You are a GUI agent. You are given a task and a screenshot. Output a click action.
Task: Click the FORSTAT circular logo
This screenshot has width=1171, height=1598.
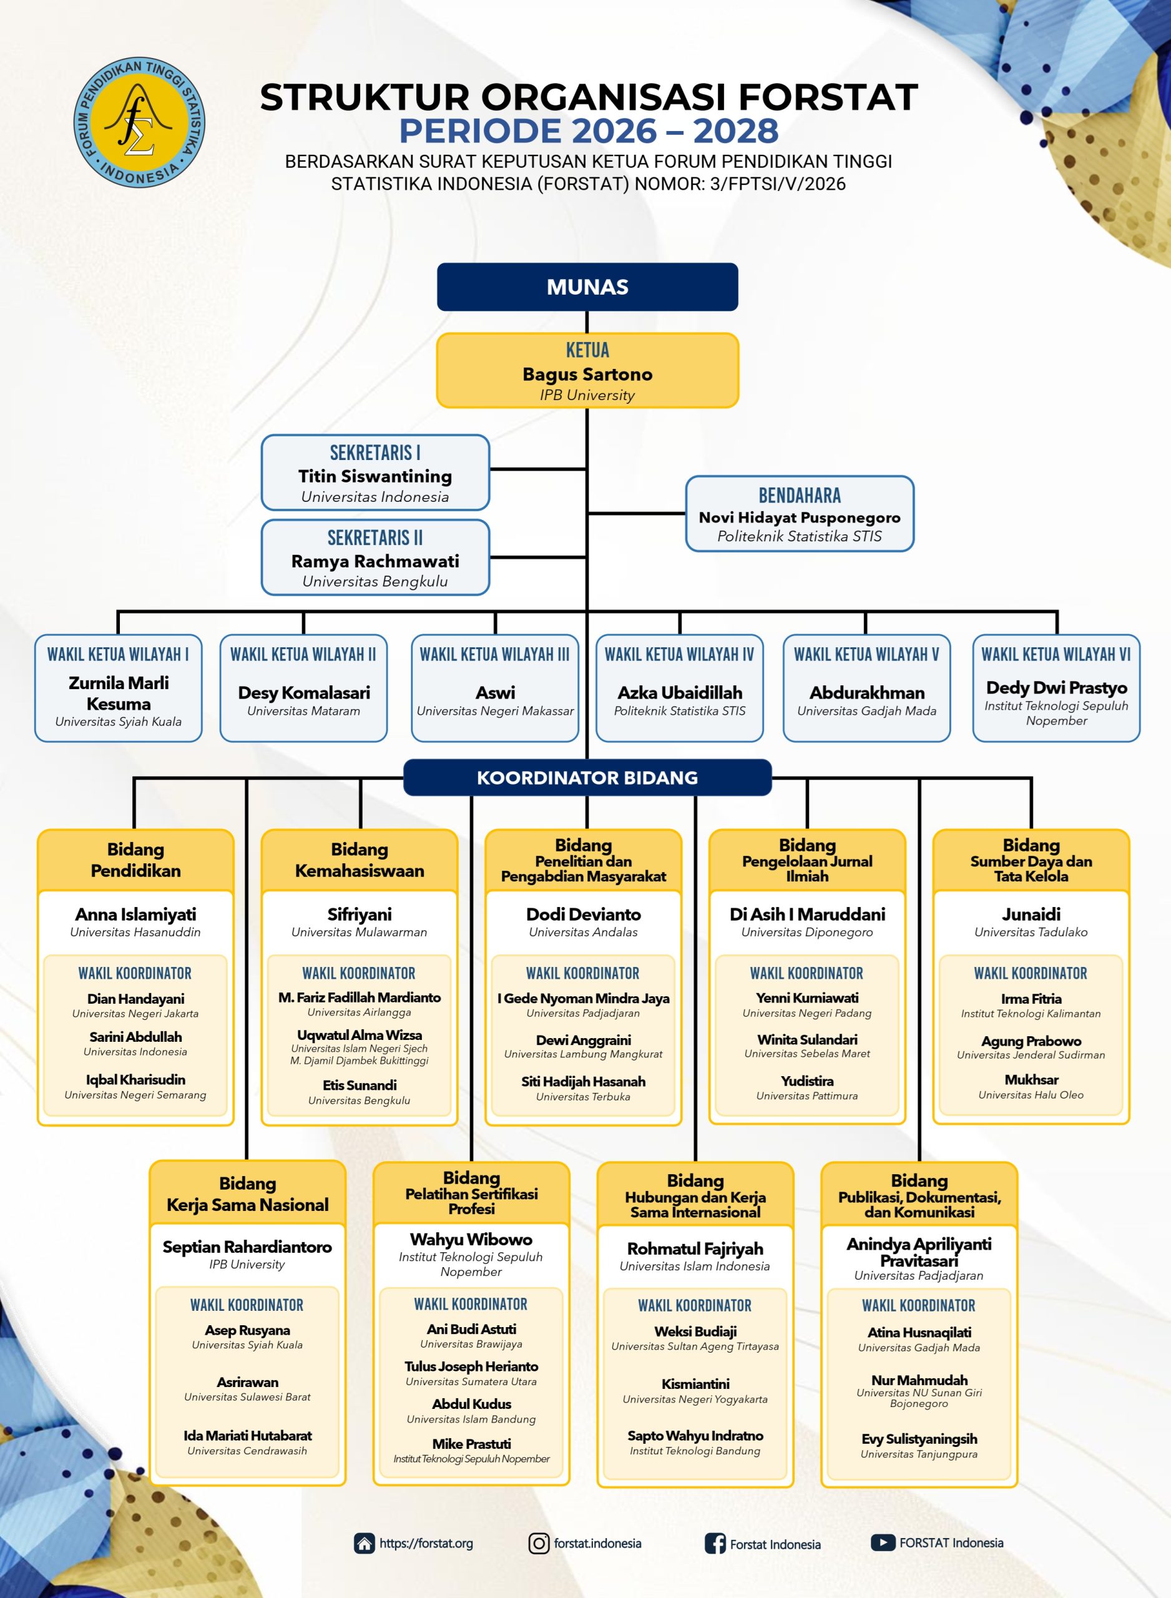point(139,122)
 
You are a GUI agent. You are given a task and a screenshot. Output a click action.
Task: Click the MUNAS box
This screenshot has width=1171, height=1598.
point(587,287)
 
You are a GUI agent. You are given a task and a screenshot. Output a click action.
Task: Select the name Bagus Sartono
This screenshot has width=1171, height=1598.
point(587,374)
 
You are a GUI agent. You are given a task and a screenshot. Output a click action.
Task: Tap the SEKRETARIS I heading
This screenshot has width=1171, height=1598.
point(375,452)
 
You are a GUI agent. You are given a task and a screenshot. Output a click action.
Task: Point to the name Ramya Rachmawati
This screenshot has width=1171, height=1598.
point(375,561)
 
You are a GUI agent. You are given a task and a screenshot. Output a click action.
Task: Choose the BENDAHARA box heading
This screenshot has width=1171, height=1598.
point(800,496)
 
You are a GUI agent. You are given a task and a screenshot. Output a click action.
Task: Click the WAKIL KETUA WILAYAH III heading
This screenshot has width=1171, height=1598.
point(495,654)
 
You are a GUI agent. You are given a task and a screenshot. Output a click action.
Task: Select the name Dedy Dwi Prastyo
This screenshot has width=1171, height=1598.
point(1056,687)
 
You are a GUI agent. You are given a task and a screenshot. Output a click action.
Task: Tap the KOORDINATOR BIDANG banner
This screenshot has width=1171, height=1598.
point(587,777)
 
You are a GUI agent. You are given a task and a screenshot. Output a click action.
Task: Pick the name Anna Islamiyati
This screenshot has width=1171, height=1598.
point(135,914)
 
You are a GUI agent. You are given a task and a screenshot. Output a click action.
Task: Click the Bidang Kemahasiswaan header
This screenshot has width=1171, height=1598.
point(360,860)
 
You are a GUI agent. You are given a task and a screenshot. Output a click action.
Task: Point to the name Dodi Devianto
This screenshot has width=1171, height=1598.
point(584,914)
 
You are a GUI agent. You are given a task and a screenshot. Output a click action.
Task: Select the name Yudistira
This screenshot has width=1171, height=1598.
point(807,1081)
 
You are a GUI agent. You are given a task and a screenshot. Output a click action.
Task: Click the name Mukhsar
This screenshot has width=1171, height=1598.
point(1031,1079)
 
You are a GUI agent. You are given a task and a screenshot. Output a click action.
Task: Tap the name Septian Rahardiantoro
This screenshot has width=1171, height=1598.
point(247,1247)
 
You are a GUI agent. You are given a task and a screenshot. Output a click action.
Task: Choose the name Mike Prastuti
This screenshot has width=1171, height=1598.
point(471,1444)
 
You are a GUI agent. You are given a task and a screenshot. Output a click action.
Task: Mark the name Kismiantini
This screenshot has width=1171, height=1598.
point(695,1384)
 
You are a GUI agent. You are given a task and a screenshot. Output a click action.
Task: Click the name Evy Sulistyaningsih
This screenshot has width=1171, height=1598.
point(919,1439)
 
